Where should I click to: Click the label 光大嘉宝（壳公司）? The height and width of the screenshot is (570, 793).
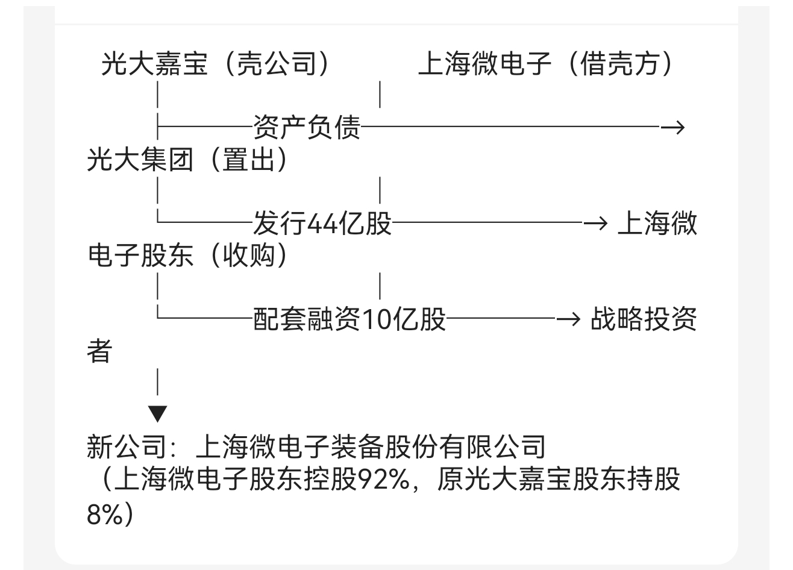216,64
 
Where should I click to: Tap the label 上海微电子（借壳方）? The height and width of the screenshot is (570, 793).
545,64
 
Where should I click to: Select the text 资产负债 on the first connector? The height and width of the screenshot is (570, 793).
307,128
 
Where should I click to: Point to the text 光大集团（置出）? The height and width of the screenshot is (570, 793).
187,160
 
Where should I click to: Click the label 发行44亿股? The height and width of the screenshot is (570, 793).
322,224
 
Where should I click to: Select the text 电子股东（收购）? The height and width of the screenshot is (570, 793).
187,256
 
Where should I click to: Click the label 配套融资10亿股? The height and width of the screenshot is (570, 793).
349,319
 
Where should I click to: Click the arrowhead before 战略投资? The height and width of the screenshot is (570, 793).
567,319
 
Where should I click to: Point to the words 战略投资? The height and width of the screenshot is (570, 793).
644,319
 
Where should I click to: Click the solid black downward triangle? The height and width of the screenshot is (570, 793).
158,414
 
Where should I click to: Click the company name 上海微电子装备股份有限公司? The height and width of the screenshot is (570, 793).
371,447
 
